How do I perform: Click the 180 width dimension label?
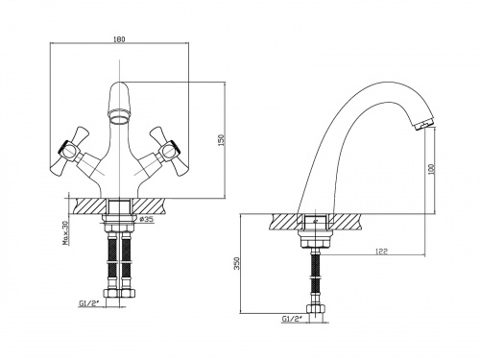[119, 39]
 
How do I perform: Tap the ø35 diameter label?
[146, 219]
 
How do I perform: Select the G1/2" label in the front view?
[88, 302]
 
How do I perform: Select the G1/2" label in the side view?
[291, 319]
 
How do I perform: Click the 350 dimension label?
[237, 263]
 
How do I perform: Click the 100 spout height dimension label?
[431, 168]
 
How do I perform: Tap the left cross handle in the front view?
[70, 152]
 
